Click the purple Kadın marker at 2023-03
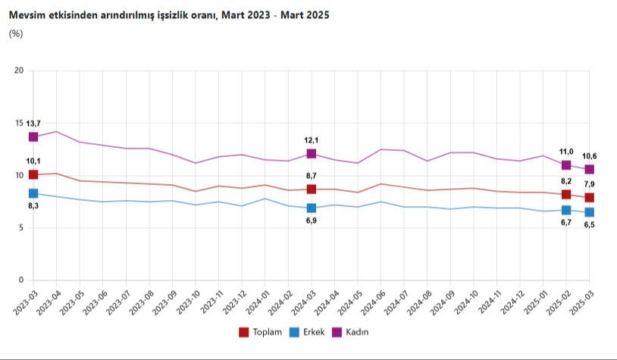point(33,137)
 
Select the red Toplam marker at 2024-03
point(311,189)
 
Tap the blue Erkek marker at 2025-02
point(566,210)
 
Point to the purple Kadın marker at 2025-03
point(589,170)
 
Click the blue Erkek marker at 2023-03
point(33,194)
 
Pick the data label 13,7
point(33,124)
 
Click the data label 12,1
point(311,140)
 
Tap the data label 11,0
point(565,152)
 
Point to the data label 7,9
point(588,184)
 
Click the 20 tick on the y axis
point(20,71)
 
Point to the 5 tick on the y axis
point(22,228)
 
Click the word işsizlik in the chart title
point(167,14)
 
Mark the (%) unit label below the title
point(15,33)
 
